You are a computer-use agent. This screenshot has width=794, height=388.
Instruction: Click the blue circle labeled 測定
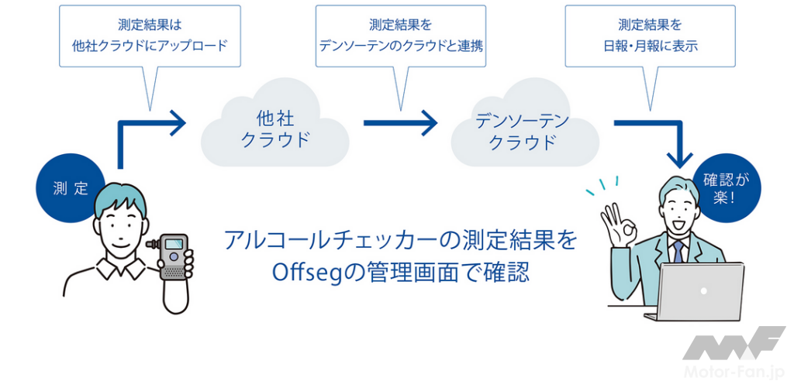(x=70, y=188)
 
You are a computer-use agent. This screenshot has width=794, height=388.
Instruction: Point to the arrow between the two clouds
(x=400, y=122)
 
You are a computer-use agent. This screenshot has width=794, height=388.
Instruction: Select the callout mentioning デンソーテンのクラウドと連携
(x=401, y=36)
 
